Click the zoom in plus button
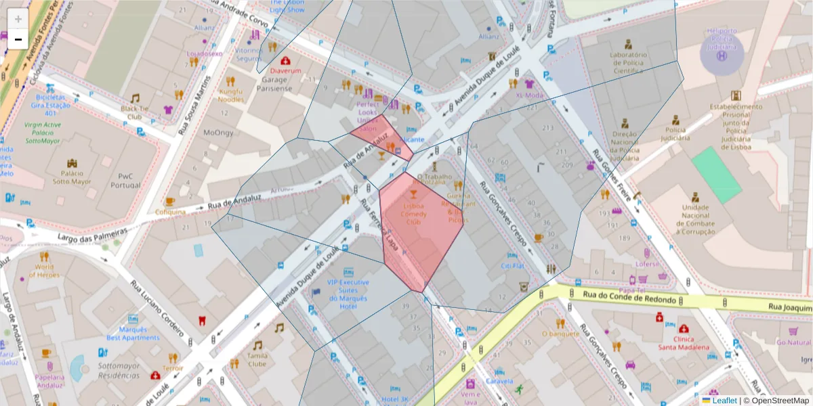point(18,18)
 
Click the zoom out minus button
point(18,39)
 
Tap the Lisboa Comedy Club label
point(413,213)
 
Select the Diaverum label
point(285,70)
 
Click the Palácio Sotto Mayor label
point(72,177)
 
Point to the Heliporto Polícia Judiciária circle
point(722,55)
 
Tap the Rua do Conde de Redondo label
point(629,298)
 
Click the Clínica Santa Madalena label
point(684,342)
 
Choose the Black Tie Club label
point(135,112)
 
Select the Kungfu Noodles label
point(231,95)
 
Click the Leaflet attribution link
point(724,401)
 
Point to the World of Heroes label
point(45,271)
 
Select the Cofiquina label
point(170,212)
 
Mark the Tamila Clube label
point(257,359)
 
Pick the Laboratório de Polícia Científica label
point(629,62)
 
